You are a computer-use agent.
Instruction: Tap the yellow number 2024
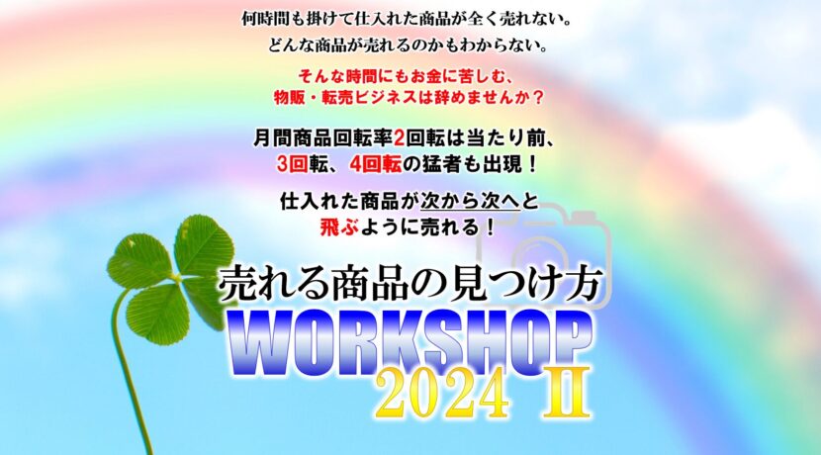(x=442, y=393)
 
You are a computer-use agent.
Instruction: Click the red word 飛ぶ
(x=339, y=227)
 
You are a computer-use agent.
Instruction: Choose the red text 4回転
(x=376, y=164)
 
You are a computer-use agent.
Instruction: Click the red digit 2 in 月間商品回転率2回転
(x=399, y=139)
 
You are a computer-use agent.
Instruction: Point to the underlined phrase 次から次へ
(x=470, y=202)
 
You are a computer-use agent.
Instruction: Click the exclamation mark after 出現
(x=532, y=164)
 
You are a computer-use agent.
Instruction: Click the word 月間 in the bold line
(x=273, y=139)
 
